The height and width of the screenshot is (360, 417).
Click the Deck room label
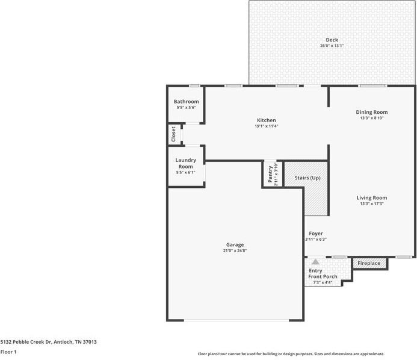click(332, 40)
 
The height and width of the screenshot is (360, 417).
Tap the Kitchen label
click(266, 120)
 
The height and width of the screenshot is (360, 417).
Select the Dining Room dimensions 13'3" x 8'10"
click(371, 118)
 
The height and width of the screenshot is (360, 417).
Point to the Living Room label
click(371, 197)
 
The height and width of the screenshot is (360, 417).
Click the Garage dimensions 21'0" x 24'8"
click(235, 250)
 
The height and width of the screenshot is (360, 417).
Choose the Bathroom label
click(186, 101)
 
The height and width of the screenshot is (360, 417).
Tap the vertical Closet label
click(173, 134)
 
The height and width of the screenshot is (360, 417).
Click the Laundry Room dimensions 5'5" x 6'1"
click(185, 172)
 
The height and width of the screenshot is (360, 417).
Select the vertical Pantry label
click(270, 174)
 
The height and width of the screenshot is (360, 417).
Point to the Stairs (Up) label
click(307, 178)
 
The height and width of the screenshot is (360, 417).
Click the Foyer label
click(316, 234)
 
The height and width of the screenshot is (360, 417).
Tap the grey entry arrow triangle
click(315, 262)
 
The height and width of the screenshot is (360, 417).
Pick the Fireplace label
click(369, 263)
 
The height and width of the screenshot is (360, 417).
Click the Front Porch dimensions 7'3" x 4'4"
click(323, 282)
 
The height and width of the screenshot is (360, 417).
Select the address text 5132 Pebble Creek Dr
click(26, 342)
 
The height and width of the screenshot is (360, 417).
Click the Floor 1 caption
click(8, 352)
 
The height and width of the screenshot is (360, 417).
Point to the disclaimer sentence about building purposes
click(291, 354)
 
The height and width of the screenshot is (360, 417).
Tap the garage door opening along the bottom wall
click(236, 320)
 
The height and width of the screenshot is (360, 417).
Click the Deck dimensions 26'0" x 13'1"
click(332, 46)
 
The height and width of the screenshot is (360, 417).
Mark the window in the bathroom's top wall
click(195, 85)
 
